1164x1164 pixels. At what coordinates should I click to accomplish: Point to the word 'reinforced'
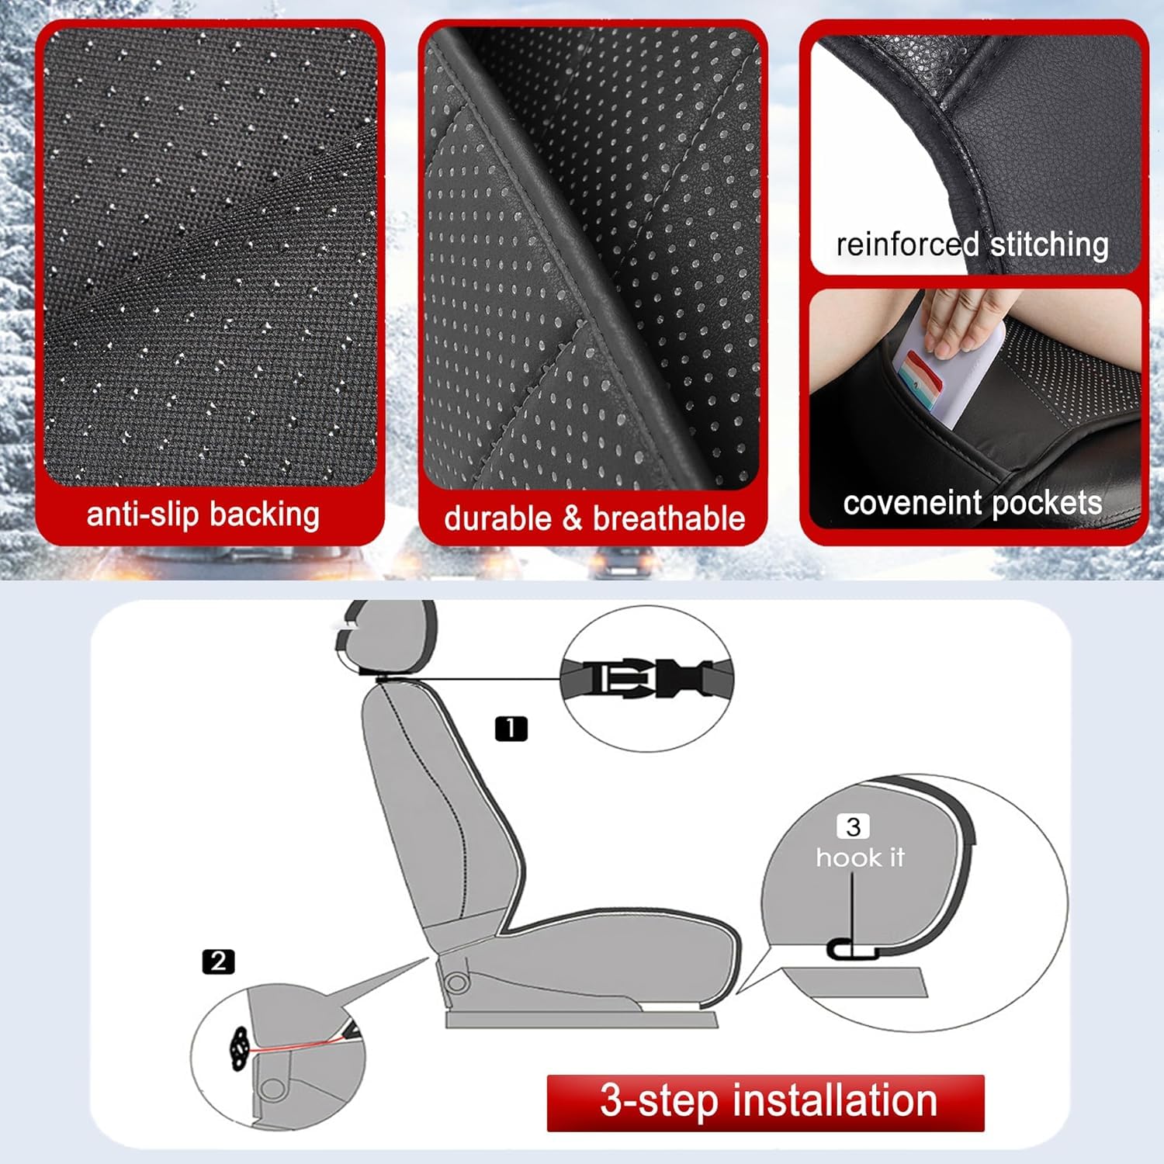[906, 244]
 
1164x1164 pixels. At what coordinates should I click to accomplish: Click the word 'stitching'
[1049, 246]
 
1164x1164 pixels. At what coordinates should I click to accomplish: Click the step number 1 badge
[511, 729]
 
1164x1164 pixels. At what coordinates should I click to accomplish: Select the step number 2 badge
[218, 961]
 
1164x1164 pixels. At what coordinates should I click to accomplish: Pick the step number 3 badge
[853, 826]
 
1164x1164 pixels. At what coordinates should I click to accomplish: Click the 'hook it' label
[860, 857]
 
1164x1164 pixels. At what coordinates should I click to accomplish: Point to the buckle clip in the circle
[646, 677]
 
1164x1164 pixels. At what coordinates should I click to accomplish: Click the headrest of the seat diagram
[392, 636]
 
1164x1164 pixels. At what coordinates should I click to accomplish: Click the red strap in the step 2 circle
[295, 1045]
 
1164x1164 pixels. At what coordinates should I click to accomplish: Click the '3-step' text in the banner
[659, 1101]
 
